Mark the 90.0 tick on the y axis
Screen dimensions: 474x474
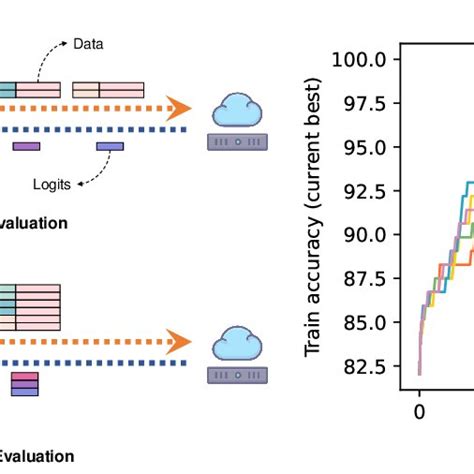point(363,235)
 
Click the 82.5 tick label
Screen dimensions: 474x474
point(363,367)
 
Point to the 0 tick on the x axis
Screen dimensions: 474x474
point(420,410)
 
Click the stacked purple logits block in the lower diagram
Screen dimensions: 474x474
point(24,384)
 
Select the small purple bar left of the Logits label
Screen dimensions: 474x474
point(26,147)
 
